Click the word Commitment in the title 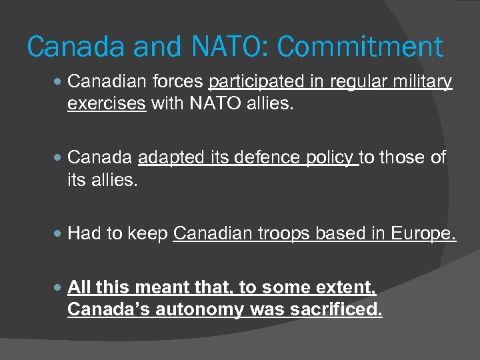tap(360, 47)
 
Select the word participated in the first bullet tap(257, 82)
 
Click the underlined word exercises tap(107, 105)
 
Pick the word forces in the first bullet tap(177, 82)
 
